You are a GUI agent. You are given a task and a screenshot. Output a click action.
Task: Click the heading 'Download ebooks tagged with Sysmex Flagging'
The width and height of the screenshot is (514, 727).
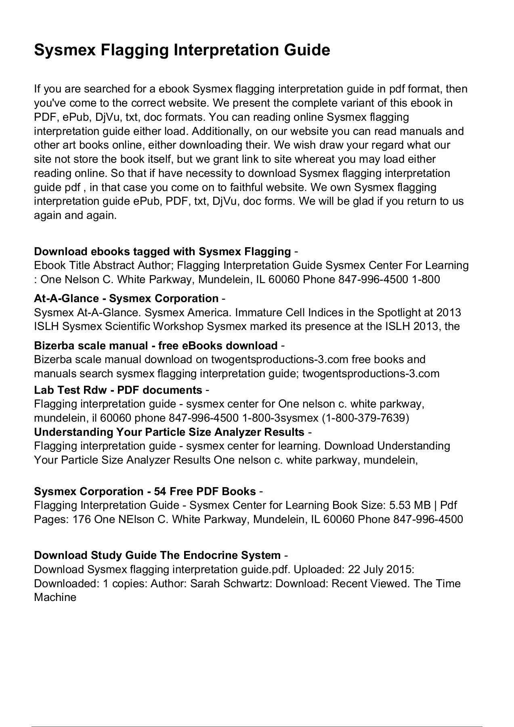[162, 252]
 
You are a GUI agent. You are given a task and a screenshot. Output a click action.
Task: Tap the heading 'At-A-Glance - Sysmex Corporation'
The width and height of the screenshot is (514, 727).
[126, 298]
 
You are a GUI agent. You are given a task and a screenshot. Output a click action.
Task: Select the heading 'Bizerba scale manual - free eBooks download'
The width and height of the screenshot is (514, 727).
[156, 346]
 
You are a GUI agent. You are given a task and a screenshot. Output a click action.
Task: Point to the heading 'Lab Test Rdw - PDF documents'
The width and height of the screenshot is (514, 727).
[118, 390]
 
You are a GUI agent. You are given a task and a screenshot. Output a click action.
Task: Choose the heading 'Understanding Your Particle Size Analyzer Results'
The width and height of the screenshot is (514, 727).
[169, 432]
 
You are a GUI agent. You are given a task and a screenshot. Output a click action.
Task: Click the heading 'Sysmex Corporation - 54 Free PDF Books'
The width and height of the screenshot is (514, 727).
[145, 492]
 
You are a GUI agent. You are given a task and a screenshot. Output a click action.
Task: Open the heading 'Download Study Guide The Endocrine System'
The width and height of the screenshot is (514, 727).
[157, 555]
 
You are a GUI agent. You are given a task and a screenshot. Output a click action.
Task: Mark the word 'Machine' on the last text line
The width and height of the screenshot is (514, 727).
[55, 598]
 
